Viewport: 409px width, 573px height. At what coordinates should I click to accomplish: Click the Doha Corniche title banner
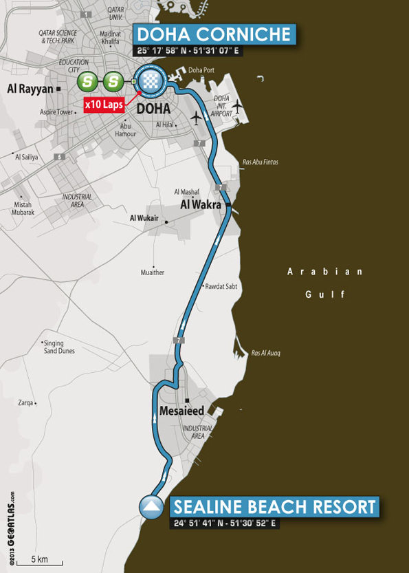(x=214, y=35)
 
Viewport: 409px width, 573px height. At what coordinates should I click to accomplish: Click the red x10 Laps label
(x=103, y=105)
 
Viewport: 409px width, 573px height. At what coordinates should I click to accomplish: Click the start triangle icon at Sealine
(x=151, y=508)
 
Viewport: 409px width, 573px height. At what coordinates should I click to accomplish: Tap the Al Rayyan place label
(x=30, y=88)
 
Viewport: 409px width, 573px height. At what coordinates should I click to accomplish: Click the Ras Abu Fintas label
(x=261, y=163)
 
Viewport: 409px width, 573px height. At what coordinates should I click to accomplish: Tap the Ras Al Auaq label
(x=266, y=354)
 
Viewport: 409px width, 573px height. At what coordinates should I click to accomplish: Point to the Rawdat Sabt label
(x=220, y=287)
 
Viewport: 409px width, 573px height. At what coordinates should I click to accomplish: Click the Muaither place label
(x=152, y=272)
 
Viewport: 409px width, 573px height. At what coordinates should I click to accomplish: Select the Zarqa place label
(x=26, y=403)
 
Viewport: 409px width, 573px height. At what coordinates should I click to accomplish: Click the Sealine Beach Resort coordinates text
(x=225, y=524)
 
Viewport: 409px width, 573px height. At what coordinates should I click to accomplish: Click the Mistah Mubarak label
(x=23, y=208)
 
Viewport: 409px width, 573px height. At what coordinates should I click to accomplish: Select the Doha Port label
(x=201, y=69)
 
